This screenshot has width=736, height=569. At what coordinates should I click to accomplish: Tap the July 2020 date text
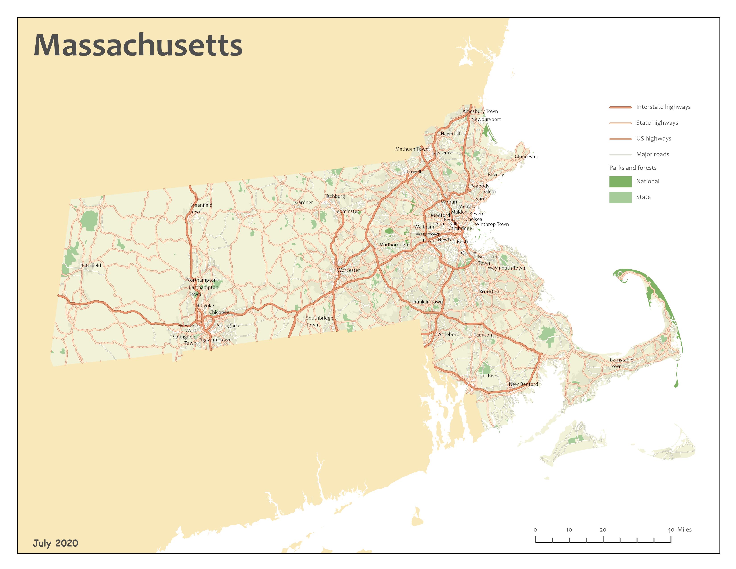[55, 543]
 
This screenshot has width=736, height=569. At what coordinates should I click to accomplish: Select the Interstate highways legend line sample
[620, 107]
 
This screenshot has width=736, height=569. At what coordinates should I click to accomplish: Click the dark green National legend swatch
[620, 181]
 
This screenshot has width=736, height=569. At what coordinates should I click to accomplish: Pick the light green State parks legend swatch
[620, 197]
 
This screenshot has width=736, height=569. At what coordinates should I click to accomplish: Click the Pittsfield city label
[91, 265]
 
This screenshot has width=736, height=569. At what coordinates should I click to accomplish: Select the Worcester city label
[348, 270]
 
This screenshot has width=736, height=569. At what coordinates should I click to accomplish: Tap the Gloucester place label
[526, 156]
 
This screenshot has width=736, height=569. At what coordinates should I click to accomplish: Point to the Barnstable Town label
[621, 363]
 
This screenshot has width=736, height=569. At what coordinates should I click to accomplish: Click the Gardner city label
[304, 202]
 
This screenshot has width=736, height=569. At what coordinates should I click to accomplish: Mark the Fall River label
[489, 376]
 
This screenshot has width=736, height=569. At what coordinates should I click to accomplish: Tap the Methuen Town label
[411, 149]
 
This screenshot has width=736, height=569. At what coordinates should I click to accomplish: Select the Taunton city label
[483, 335]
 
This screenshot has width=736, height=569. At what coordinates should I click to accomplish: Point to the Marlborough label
[393, 245]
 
